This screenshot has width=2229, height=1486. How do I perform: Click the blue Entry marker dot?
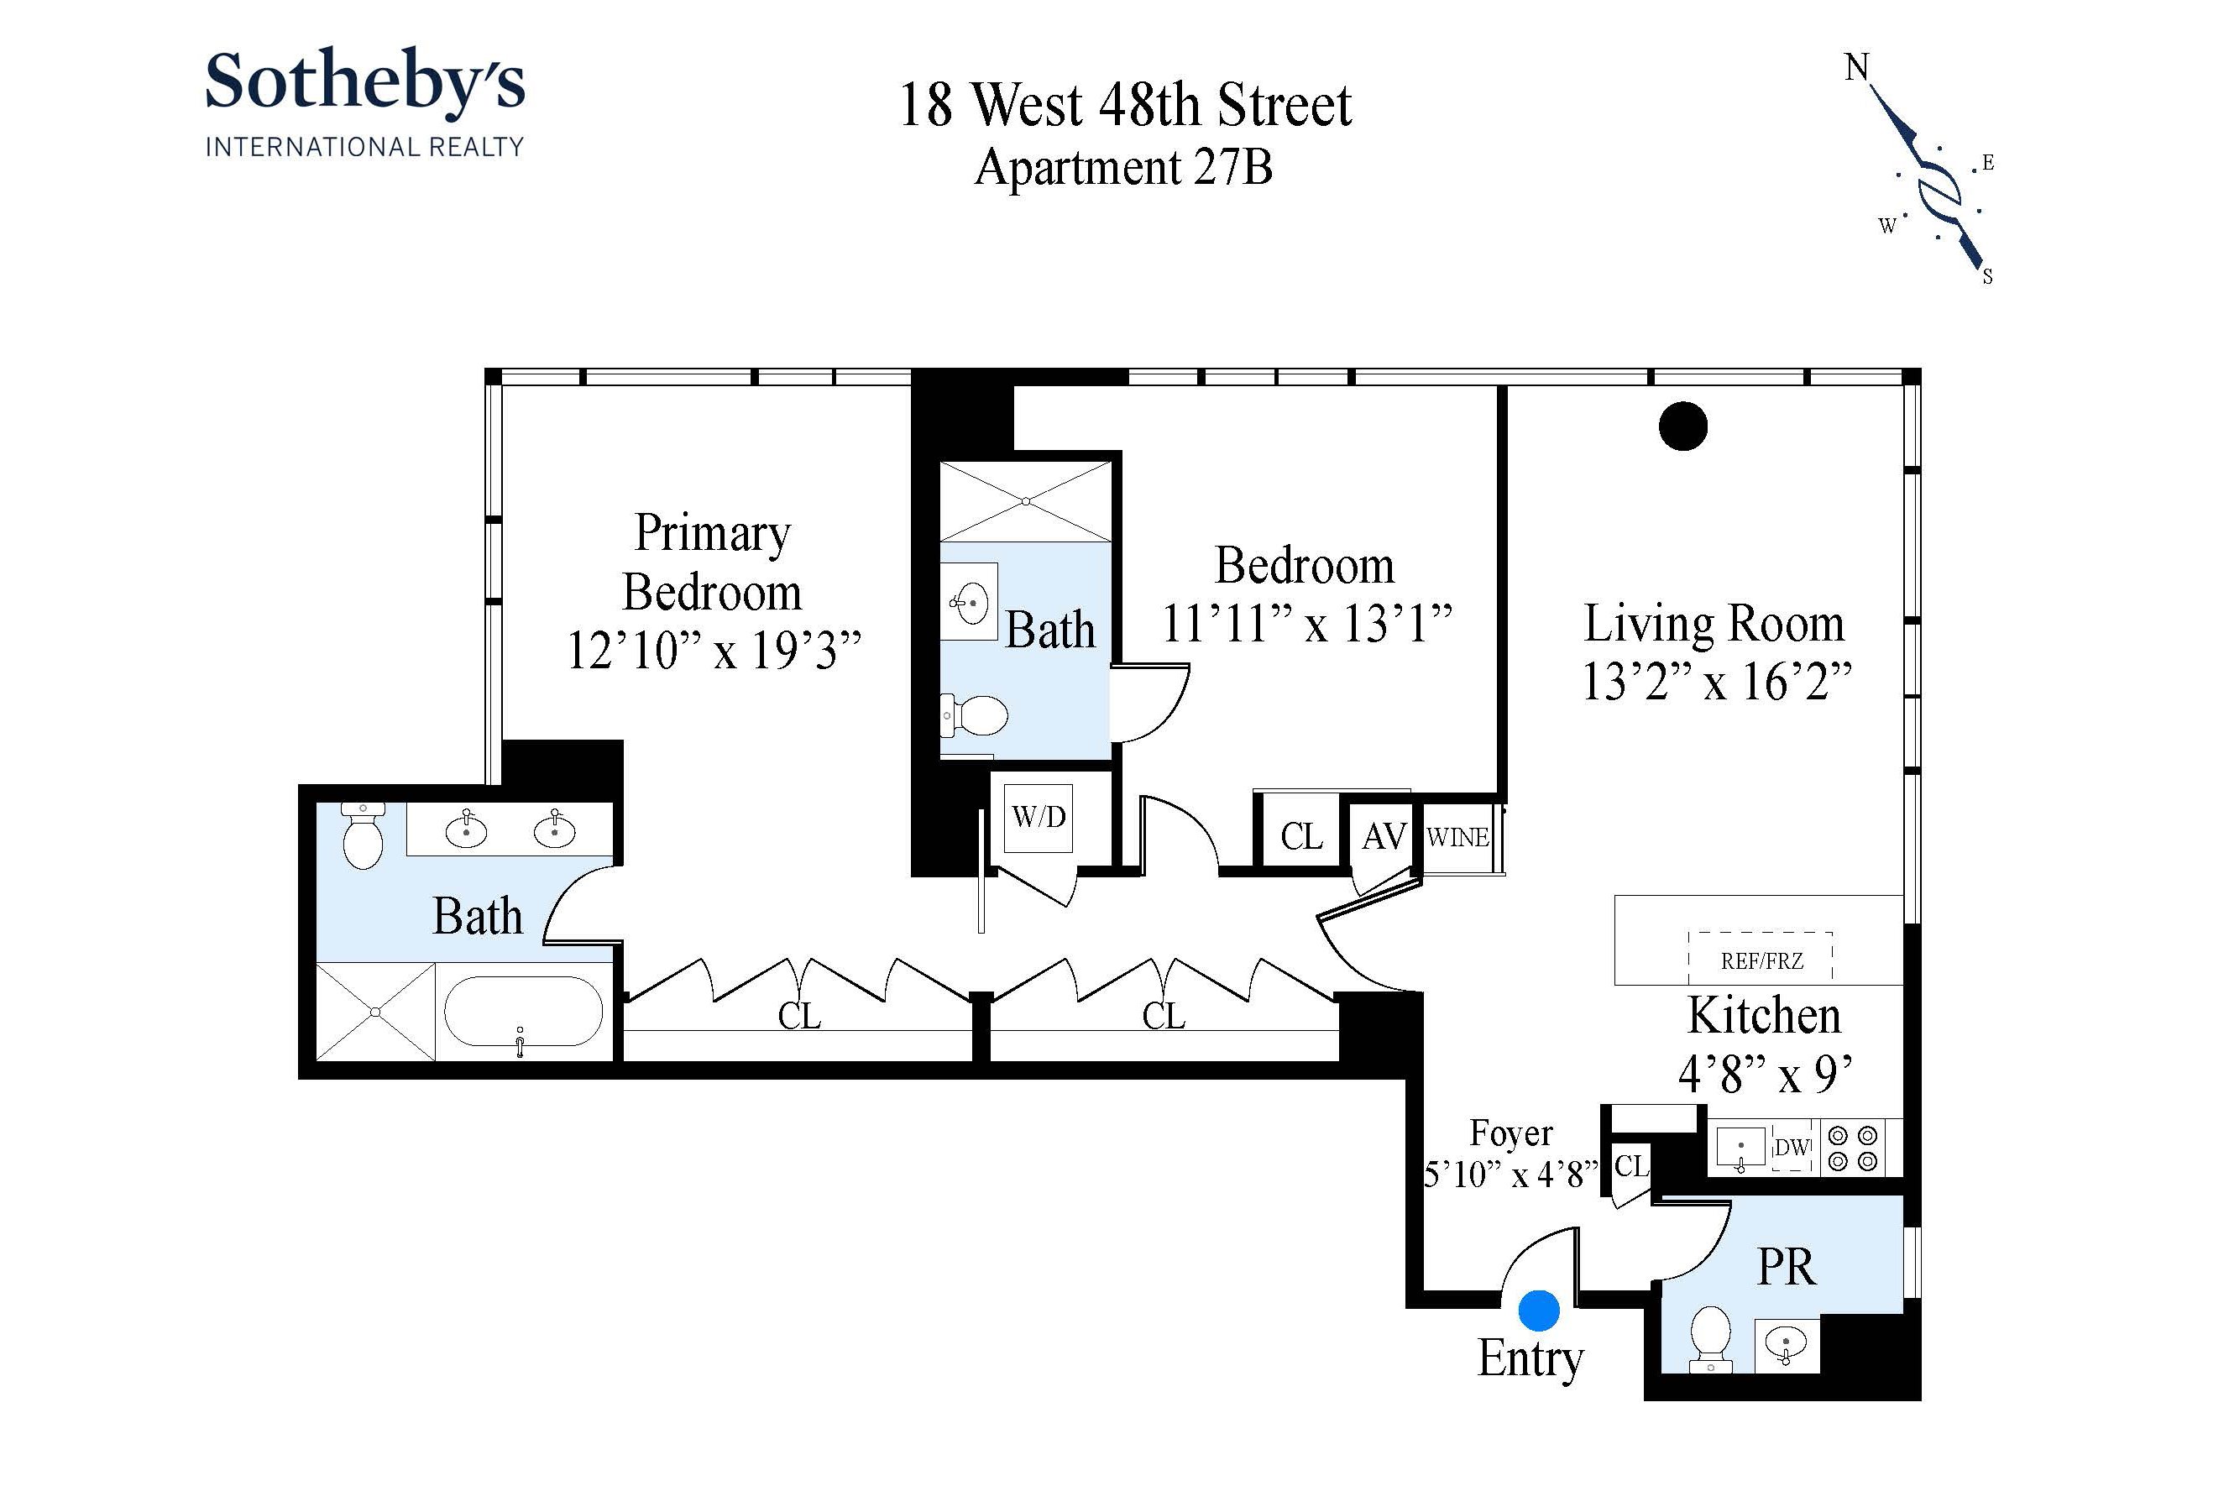(1538, 1311)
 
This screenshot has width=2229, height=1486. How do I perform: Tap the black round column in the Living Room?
(1682, 426)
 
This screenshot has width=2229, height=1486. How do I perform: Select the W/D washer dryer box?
(1038, 817)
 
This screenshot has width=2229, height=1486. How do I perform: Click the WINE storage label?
(1457, 838)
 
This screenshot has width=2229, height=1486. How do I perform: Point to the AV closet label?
(1384, 837)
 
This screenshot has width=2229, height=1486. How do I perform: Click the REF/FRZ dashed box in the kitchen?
(1760, 958)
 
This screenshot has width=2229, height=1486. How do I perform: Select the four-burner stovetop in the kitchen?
(1853, 1148)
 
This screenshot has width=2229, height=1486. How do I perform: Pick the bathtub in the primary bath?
(522, 1011)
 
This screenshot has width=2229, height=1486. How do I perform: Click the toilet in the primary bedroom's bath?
(363, 835)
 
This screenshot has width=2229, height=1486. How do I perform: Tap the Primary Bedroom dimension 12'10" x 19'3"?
(713, 651)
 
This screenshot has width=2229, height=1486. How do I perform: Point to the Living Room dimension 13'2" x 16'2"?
(1715, 682)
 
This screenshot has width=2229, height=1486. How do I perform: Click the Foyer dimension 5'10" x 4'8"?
(1510, 1175)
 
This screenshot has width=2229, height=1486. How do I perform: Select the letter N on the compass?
(1855, 67)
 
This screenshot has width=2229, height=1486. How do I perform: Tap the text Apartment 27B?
(1123, 168)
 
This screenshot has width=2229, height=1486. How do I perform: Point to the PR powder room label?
(1786, 1266)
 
